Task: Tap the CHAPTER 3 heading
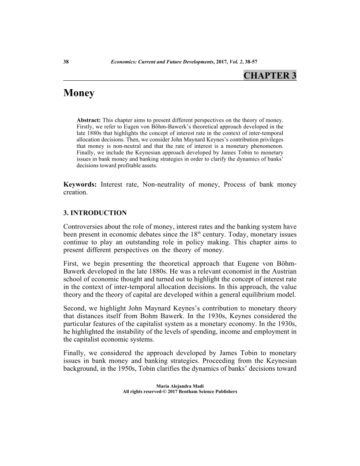pos(270,75)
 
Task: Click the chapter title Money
pos(79,94)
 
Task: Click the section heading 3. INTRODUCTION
pos(95,213)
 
